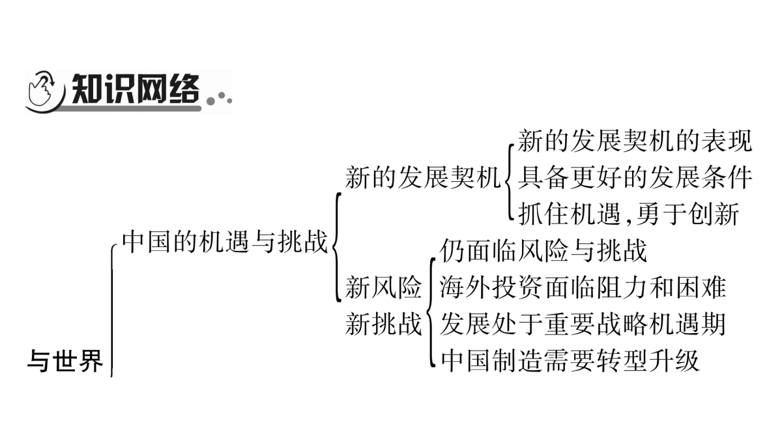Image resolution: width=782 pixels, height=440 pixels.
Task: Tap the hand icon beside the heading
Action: [41, 89]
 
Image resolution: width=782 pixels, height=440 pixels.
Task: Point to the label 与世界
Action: [65, 360]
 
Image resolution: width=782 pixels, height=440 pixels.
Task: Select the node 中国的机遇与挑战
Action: [225, 241]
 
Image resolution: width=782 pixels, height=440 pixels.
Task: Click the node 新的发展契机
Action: [423, 178]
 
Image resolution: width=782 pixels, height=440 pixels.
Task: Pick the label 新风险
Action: [383, 287]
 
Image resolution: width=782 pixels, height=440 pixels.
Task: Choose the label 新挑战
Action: [383, 324]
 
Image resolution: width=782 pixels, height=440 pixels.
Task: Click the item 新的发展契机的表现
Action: [634, 141]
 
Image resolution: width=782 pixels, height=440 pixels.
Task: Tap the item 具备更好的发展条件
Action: [634, 178]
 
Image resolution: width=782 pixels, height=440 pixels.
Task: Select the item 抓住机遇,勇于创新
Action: [628, 214]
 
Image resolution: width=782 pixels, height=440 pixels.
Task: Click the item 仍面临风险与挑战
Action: [543, 250]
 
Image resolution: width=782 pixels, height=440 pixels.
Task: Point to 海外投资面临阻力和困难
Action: [583, 287]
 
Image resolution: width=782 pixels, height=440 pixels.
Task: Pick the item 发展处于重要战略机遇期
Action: [583, 324]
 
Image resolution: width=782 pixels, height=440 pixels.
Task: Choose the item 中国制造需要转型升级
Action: [570, 360]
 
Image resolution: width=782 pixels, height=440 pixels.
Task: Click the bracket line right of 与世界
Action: [111, 311]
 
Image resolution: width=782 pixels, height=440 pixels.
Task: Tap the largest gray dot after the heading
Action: [210, 101]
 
